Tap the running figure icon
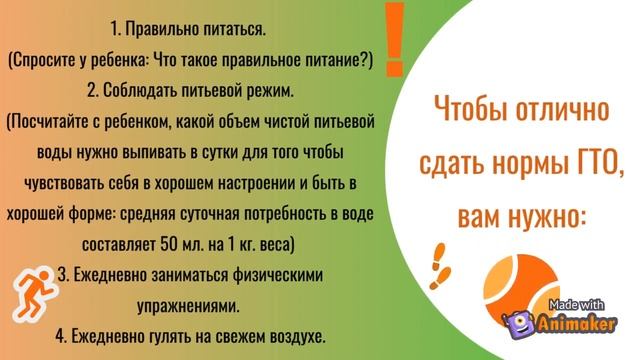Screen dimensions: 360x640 pos(24,294)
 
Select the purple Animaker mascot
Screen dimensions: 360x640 pos(518,323)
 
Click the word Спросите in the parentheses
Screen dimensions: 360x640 pos(47,62)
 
